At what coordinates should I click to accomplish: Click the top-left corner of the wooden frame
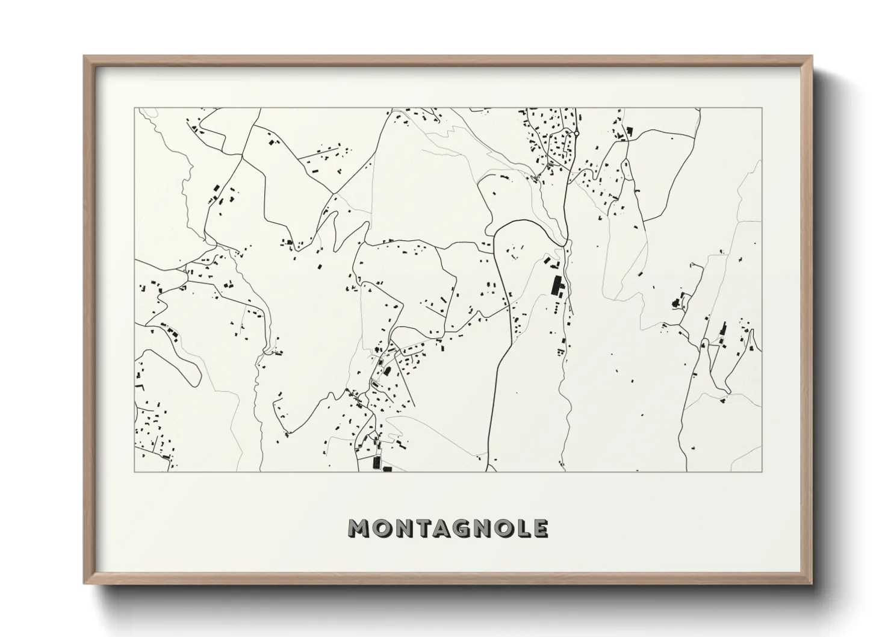point(84,57)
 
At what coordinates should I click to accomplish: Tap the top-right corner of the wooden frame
point(812,57)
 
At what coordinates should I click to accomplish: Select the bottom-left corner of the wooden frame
point(84,583)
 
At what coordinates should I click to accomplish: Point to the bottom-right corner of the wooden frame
point(812,583)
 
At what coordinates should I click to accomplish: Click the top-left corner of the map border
point(135,108)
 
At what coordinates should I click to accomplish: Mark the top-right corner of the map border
point(762,108)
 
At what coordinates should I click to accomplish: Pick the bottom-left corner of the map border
point(135,471)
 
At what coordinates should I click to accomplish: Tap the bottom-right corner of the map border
point(762,471)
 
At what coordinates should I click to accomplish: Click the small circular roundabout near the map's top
point(576,132)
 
